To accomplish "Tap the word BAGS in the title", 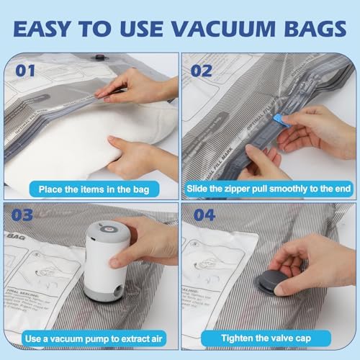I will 312,31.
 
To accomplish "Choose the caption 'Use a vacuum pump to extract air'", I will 89,338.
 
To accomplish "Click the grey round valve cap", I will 271,278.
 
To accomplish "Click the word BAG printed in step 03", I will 14,235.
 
